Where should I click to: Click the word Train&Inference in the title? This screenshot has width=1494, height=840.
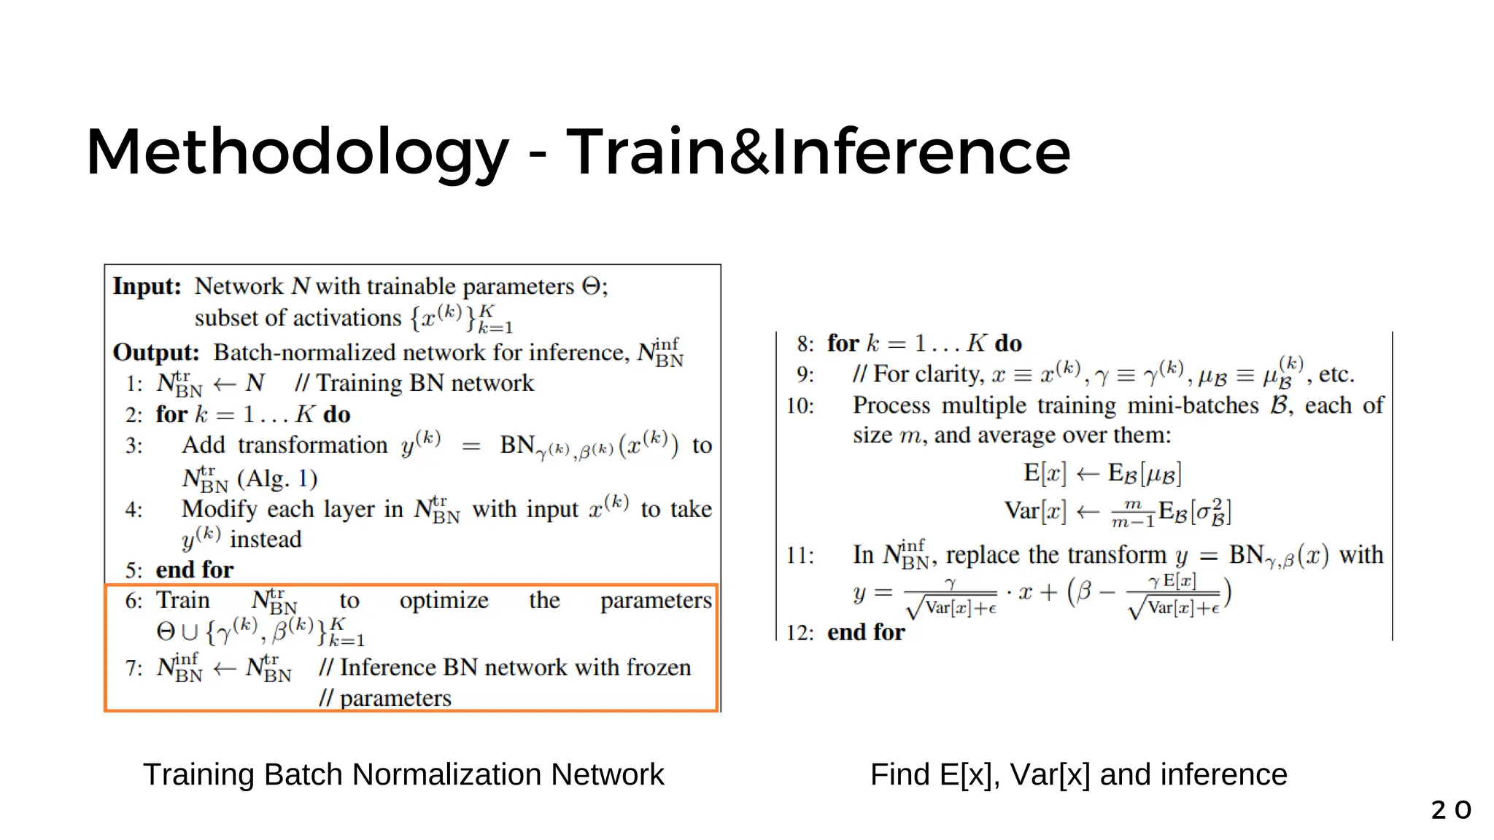coord(818,152)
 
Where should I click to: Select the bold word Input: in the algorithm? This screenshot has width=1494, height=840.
coord(147,287)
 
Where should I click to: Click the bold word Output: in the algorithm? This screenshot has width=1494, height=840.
coord(156,353)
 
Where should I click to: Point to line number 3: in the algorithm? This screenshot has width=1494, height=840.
coord(133,446)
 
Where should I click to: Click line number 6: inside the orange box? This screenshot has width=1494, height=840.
coord(133,601)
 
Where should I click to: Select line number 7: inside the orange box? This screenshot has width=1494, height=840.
coord(133,668)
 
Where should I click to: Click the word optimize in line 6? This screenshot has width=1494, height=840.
coord(444,601)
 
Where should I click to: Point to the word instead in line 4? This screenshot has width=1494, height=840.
coord(266,540)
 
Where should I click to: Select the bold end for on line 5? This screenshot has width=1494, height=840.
coord(194,570)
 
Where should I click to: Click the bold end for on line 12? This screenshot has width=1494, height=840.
coord(866,632)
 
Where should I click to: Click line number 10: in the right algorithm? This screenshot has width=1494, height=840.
coord(800,406)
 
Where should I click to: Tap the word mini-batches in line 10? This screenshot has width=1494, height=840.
coord(1193,405)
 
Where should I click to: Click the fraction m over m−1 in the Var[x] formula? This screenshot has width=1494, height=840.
coord(1132,513)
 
